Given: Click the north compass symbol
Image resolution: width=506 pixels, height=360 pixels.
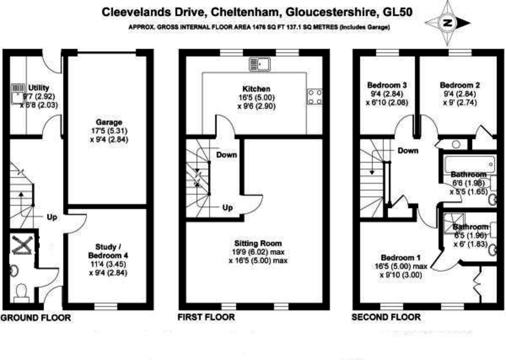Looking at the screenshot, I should pos(447,22).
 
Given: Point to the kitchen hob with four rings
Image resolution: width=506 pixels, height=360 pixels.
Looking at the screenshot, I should pos(314,97).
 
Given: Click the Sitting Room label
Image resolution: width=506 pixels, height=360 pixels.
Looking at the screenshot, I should pos(258,244).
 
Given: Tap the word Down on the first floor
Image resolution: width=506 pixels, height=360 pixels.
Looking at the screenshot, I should pos(226,155).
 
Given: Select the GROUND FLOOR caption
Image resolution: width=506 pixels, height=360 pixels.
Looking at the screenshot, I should pos(35,317).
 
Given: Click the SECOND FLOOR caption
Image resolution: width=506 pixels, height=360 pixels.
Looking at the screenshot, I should pos(386,317).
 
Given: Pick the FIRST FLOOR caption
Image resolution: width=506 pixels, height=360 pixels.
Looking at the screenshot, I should pos(206,317).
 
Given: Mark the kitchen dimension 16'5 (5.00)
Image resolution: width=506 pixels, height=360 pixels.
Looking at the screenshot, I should pos(256,98).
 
